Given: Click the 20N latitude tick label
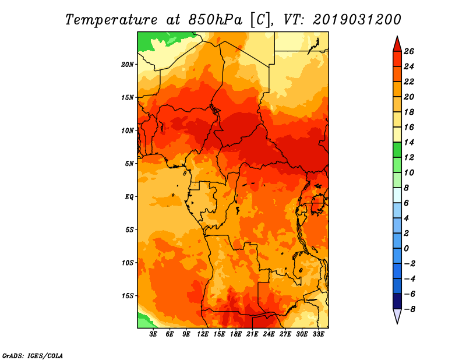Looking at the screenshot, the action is tap(127, 65).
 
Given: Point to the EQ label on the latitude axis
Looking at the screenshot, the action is tap(129, 197).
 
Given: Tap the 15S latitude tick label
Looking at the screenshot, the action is tap(127, 296).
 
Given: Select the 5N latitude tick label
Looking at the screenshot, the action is tap(129, 164).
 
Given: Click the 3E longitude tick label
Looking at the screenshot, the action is tap(153, 334).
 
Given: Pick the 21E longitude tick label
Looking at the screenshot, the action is tap(252, 334).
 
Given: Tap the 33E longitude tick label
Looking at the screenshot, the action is tap(318, 334).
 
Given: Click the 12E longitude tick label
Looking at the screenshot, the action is tap(203, 334).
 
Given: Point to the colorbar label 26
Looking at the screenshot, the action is tap(409, 51).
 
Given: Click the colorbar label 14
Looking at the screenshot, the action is tap(409, 142).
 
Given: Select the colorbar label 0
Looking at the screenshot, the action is tap(406, 249).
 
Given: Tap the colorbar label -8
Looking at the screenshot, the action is tap(409, 309).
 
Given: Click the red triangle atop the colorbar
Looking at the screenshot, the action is tap(397, 45).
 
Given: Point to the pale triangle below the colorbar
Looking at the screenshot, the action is tap(397, 316).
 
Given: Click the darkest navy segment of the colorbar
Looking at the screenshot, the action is tap(397, 301).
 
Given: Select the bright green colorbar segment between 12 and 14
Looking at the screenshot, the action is tap(397, 150).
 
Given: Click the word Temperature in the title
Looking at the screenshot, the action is tap(111, 20).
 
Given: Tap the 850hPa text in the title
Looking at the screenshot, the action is tap(215, 20).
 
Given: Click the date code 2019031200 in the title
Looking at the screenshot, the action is tap(357, 20).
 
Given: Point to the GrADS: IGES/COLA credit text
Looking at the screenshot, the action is tap(33, 356).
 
